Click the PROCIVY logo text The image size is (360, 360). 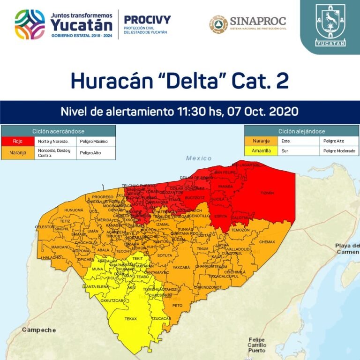click(147, 19)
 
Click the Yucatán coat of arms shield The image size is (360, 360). click(330, 21)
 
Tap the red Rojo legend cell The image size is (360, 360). click(18, 141)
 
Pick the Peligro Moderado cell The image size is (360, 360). click(339, 151)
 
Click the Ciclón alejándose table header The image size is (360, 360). click(301, 131)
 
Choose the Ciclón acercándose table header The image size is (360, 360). click(58, 131)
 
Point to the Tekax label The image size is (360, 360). click(130, 319)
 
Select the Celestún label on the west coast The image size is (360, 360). click(45, 227)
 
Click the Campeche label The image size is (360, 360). click(38, 330)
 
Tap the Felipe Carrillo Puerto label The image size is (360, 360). click(257, 345)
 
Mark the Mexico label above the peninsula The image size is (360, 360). click(199, 158)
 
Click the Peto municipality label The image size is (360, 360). click(177, 305)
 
